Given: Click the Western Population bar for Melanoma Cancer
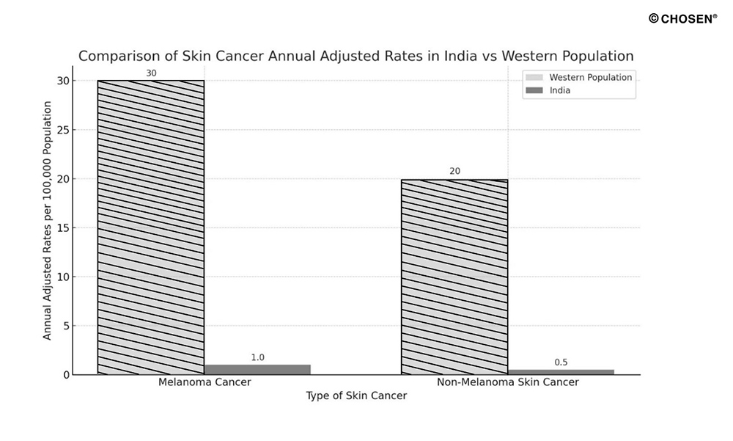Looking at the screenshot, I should coord(150,227).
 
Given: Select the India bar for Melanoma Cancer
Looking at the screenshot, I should coord(257,369).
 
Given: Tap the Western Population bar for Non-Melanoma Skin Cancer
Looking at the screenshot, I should coord(454,277).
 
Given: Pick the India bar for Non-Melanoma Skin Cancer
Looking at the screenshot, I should coord(561,371).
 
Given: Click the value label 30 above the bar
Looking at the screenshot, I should coord(151,73).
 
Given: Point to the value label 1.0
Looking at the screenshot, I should coord(257,357).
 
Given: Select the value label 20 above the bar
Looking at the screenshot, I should coord(454,172).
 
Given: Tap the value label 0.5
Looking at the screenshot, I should coord(561,362).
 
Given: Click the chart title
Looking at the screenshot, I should coord(356,56).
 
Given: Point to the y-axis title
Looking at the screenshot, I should coord(48,220).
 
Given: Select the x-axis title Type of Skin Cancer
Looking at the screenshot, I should coord(356,396).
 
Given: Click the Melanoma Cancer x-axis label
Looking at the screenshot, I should coord(204,382).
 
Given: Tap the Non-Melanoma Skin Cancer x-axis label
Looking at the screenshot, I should coord(507,382).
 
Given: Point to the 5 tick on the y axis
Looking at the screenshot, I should coord(66,326).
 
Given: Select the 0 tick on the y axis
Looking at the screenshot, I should coord(66,374).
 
